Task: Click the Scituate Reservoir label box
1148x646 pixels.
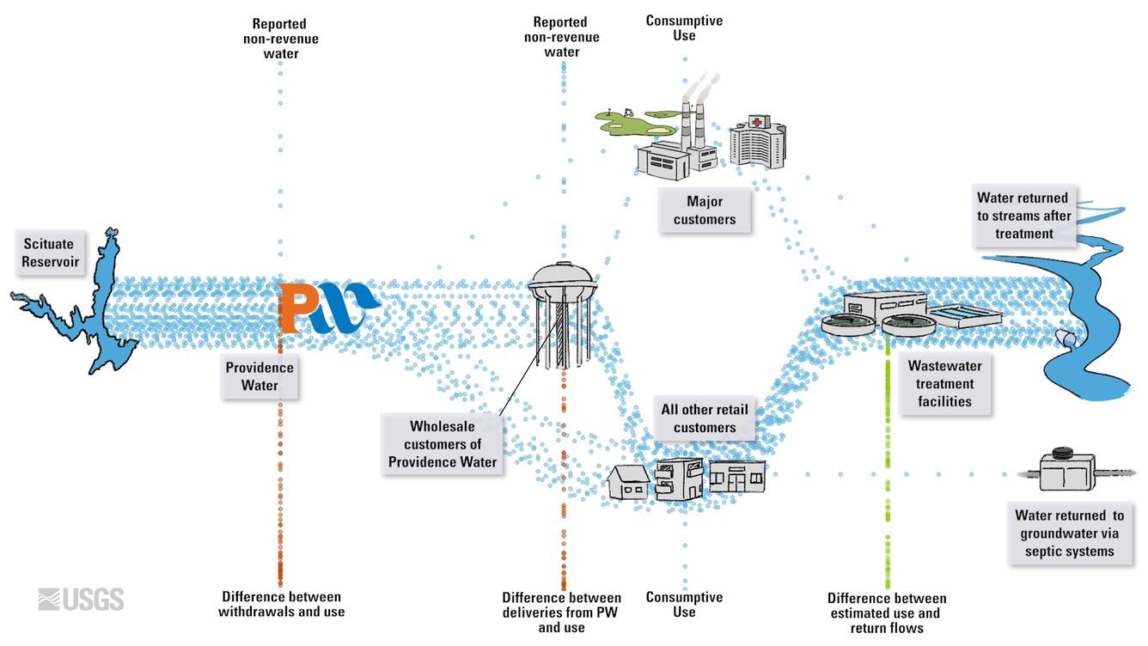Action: (x=49, y=253)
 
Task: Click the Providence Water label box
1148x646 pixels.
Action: (x=260, y=376)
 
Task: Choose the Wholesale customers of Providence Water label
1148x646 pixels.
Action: (x=442, y=444)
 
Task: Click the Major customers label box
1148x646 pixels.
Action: (x=704, y=210)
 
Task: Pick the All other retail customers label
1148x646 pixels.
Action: (x=704, y=418)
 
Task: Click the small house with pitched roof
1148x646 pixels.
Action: (x=628, y=482)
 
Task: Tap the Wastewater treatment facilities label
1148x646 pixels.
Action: (x=944, y=384)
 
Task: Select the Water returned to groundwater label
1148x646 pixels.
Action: (x=1069, y=533)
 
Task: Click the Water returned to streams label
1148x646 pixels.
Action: (x=1023, y=216)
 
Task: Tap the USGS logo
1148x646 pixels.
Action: (x=81, y=599)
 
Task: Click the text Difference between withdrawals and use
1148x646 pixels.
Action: (x=281, y=604)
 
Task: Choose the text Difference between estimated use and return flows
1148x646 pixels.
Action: (x=887, y=612)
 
